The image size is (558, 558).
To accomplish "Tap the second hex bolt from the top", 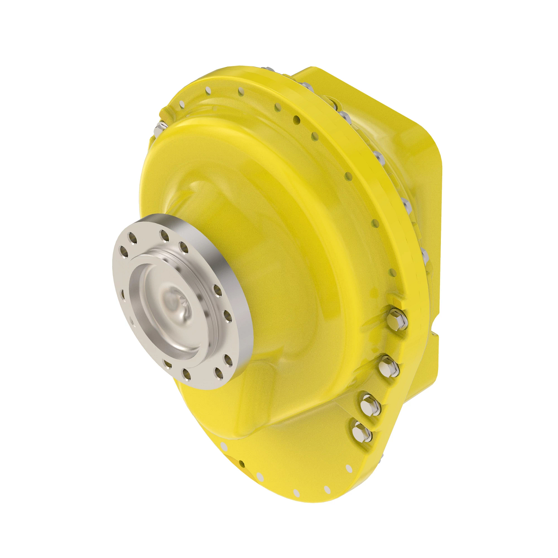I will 388,365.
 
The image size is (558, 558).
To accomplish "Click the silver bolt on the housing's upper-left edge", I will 160,126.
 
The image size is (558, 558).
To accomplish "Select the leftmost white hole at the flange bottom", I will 224,447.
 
